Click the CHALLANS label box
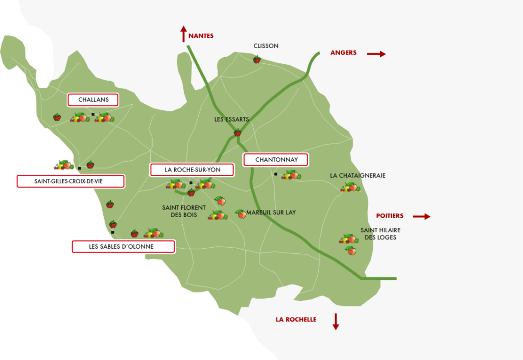tap(93, 100)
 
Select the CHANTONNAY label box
tap(276, 160)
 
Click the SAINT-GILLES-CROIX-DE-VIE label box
tap(70, 181)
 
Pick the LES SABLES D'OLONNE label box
tap(123, 247)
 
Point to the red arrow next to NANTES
tap(183, 35)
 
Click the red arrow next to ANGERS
tap(376, 54)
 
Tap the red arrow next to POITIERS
tap(421, 217)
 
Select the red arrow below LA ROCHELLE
tap(336, 321)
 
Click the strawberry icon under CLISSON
tap(257, 60)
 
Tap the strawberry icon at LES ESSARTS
tap(237, 133)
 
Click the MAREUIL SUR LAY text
tap(271, 212)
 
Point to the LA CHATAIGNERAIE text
tap(358, 176)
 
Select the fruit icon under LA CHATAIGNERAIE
tap(350, 187)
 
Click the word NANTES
tap(201, 36)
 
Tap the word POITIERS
tap(390, 216)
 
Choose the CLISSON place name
tap(266, 46)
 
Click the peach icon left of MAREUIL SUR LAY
tap(241, 213)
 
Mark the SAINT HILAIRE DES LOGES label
tap(380, 234)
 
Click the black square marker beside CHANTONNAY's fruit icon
tap(276, 175)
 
